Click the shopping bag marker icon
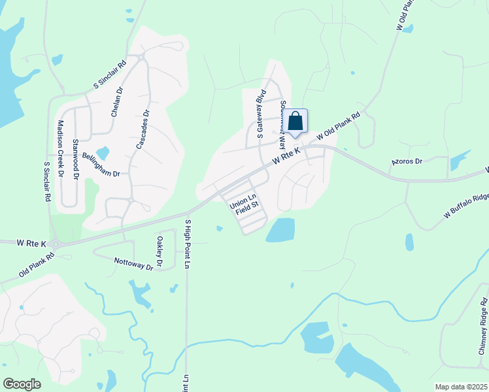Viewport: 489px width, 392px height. coord(295,122)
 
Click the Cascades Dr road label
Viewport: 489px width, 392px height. coord(143,129)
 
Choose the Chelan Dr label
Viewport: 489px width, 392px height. coord(116,102)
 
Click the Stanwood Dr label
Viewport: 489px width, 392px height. coord(76,159)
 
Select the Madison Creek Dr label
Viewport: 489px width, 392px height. coord(59,149)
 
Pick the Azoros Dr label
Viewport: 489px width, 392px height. coord(407,161)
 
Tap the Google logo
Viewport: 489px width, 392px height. coord(22,384)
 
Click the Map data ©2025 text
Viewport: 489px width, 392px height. coord(462,387)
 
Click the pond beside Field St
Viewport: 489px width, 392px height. coord(280,230)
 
